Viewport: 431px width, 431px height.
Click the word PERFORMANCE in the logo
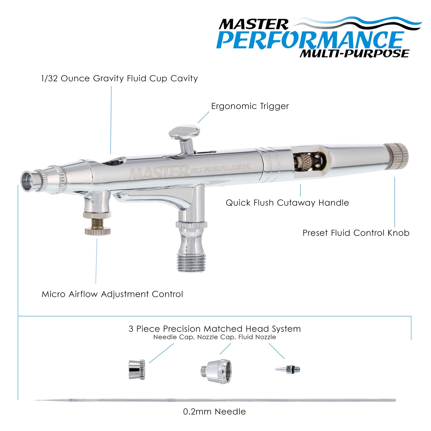point(310,40)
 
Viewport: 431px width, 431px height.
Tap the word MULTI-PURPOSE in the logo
point(354,53)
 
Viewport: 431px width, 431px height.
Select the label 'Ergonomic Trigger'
point(250,106)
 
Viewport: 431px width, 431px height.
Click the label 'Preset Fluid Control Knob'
point(356,233)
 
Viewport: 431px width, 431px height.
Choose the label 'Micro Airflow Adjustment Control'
point(112,294)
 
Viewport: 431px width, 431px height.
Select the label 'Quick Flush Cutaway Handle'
point(287,203)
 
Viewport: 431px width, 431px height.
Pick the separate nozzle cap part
point(216,371)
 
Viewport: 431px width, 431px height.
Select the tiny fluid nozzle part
point(288,369)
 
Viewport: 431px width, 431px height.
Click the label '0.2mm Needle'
point(214,412)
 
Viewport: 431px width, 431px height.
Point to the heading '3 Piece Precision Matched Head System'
point(215,329)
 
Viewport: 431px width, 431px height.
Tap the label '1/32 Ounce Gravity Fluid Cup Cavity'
point(120,78)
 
